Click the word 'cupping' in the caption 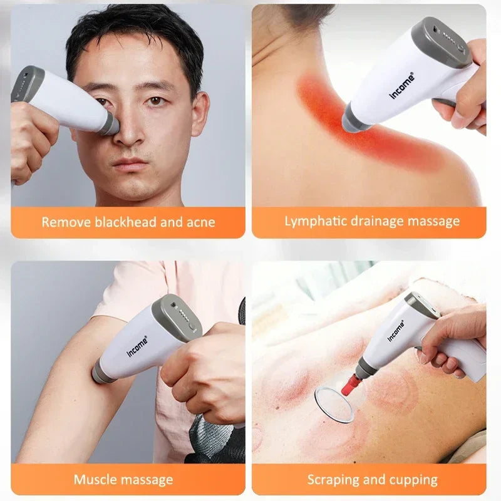[414, 480]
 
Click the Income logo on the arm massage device [139, 342]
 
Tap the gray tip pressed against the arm [102, 374]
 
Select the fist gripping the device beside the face [31, 144]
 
